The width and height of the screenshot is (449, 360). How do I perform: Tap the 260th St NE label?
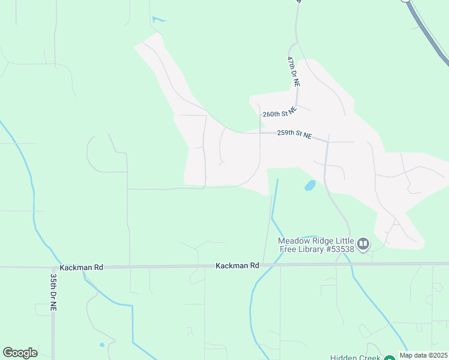(x=280, y=113)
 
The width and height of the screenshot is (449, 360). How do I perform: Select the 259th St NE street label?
(x=294, y=135)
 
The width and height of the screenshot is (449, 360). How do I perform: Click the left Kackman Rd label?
(x=82, y=267)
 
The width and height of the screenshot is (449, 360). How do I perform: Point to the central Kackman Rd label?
(x=237, y=265)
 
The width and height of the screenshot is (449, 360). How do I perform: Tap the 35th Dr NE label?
(x=54, y=292)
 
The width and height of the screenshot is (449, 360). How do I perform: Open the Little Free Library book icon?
(x=363, y=244)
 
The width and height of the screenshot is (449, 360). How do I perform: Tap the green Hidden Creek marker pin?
(x=390, y=356)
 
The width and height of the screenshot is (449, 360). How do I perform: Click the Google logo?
(x=20, y=353)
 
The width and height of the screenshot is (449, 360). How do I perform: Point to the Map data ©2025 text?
(x=423, y=355)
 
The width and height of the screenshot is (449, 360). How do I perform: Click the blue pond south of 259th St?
(x=310, y=185)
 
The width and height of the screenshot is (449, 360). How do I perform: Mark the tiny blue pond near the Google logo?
(x=101, y=345)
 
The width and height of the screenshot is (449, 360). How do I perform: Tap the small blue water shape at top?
(x=157, y=20)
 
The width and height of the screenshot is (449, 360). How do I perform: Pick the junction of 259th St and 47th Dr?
(x=327, y=142)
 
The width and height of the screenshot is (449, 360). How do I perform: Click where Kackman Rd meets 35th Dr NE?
(x=53, y=267)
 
